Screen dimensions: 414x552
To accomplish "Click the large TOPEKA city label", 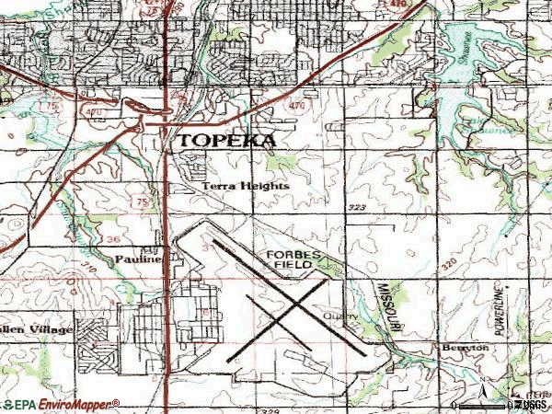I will [x=226, y=141].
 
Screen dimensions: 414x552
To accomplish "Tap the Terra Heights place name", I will [x=246, y=186].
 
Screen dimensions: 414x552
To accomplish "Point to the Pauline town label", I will [x=139, y=259].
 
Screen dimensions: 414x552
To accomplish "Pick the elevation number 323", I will [x=358, y=209].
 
